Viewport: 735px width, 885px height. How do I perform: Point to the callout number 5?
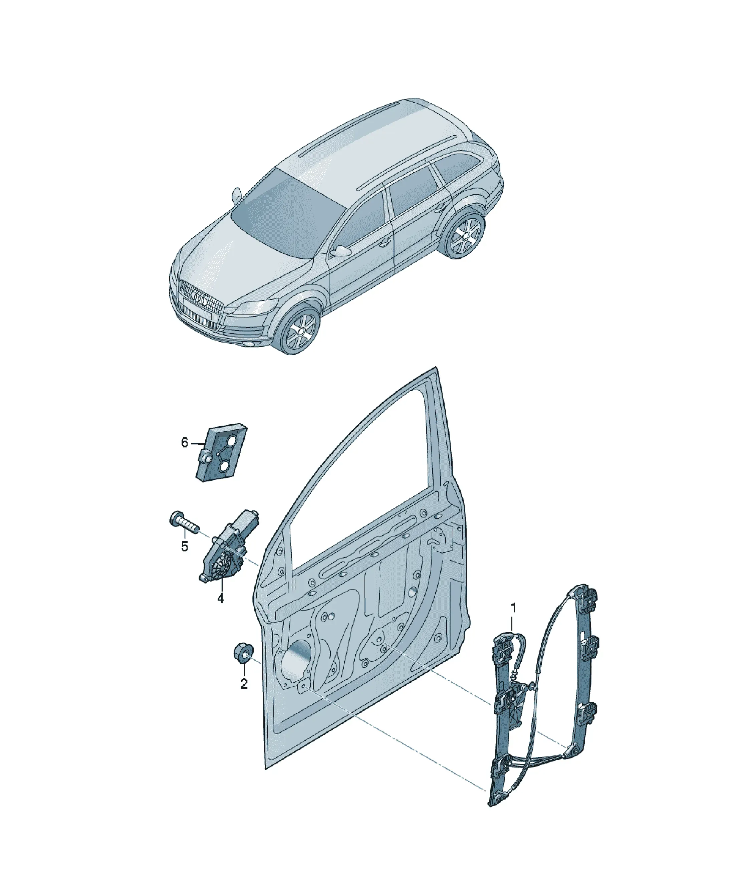pyautogui.click(x=185, y=546)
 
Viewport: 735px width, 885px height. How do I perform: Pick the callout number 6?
pyautogui.click(x=185, y=443)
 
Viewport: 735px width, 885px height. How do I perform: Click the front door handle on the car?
pyautogui.click(x=385, y=243)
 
